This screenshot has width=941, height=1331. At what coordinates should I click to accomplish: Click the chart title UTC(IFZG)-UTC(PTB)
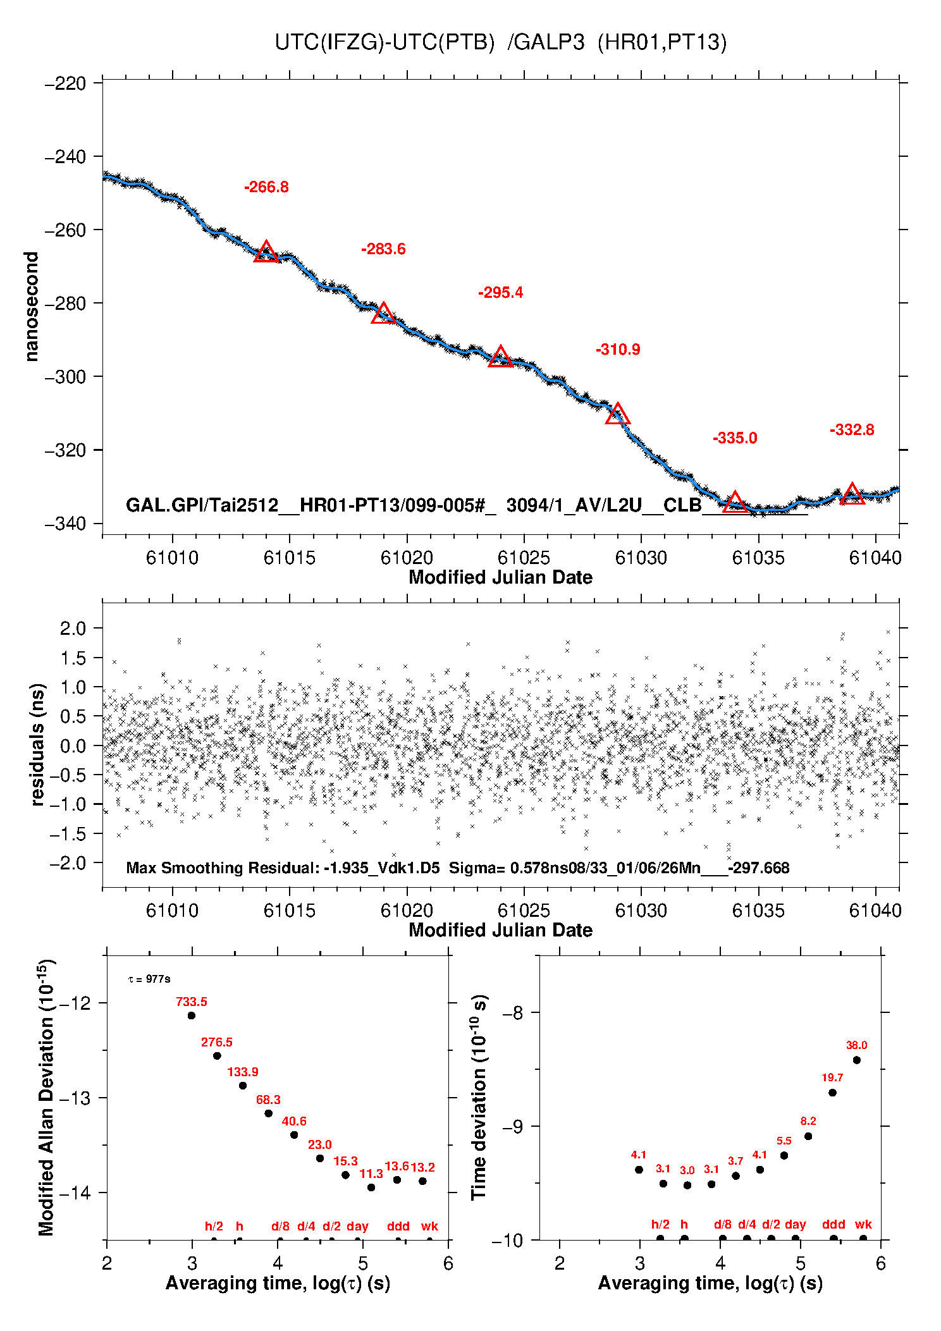[384, 42]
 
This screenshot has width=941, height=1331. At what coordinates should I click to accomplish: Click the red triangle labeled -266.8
[266, 252]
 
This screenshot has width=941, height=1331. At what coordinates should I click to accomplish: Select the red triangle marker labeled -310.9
[617, 414]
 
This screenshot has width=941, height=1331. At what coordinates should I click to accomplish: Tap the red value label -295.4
[500, 293]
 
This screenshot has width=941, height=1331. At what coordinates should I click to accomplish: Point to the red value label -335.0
[734, 438]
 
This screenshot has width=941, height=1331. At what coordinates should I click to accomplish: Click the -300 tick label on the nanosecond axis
[65, 377]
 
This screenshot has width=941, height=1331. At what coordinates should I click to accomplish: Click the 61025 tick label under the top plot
[524, 558]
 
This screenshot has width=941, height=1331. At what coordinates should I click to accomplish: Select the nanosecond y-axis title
[32, 307]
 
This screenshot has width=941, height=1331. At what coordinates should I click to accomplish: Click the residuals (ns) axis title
[37, 744]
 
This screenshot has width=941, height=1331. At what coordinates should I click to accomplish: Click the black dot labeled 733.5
[192, 1015]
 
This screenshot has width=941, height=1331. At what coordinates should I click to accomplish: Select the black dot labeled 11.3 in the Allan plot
[371, 1187]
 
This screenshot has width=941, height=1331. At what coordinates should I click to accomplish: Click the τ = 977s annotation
[149, 979]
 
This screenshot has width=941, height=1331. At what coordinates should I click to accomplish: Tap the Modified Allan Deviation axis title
[46, 1097]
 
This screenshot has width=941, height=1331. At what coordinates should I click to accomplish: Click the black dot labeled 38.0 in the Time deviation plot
[856, 1060]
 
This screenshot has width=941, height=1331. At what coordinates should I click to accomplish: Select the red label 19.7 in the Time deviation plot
[832, 1077]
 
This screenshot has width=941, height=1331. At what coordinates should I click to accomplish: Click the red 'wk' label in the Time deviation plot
[863, 1225]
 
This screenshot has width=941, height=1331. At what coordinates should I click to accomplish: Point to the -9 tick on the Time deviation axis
[512, 1126]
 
